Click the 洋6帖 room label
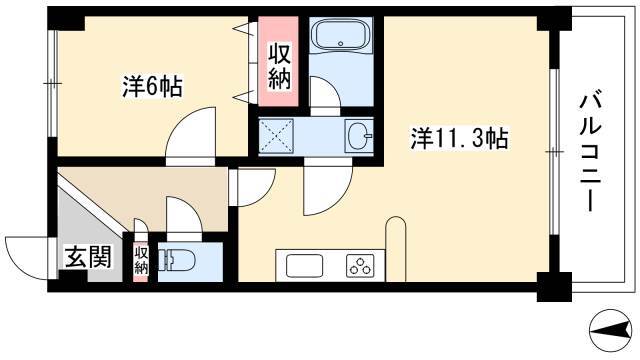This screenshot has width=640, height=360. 152,86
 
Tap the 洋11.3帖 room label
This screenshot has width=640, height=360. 459,138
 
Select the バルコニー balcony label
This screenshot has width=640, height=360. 591,151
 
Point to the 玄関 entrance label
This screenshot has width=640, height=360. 89,257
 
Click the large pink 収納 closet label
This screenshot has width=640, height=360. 279,67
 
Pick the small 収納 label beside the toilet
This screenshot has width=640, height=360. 141,260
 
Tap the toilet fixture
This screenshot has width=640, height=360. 177,260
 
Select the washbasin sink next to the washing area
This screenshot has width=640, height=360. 359,136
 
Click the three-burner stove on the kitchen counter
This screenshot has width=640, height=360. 360,265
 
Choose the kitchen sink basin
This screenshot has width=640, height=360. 304,265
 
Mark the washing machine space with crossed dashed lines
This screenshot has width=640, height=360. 276,136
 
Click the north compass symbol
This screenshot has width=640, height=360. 611,330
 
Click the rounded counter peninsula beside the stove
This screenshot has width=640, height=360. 396,249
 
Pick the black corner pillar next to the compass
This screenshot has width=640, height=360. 554,287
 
